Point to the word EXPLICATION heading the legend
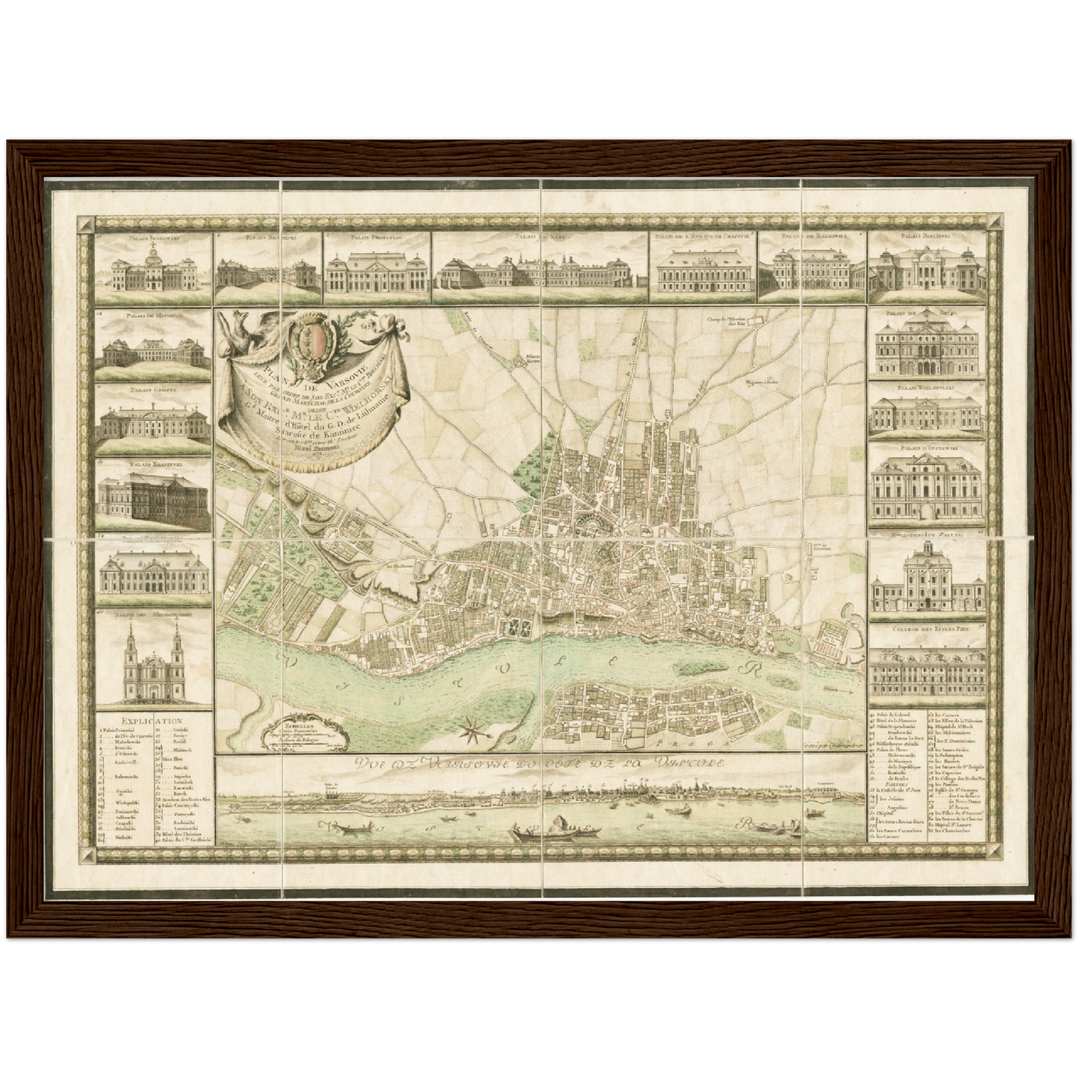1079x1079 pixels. (x=152, y=722)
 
